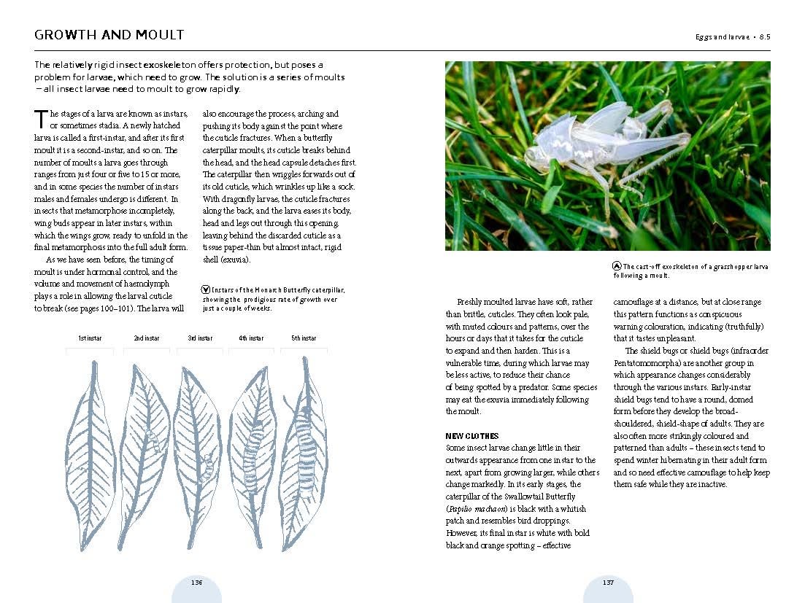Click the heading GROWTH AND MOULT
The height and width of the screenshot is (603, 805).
tap(109, 35)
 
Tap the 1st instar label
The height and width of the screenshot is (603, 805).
tap(90, 338)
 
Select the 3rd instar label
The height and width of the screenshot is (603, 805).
tap(200, 338)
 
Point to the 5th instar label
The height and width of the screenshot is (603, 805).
tap(304, 338)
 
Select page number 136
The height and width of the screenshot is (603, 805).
tap(196, 582)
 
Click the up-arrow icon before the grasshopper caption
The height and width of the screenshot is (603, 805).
tap(617, 267)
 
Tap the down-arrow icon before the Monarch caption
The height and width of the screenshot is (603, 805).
tap(206, 289)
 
